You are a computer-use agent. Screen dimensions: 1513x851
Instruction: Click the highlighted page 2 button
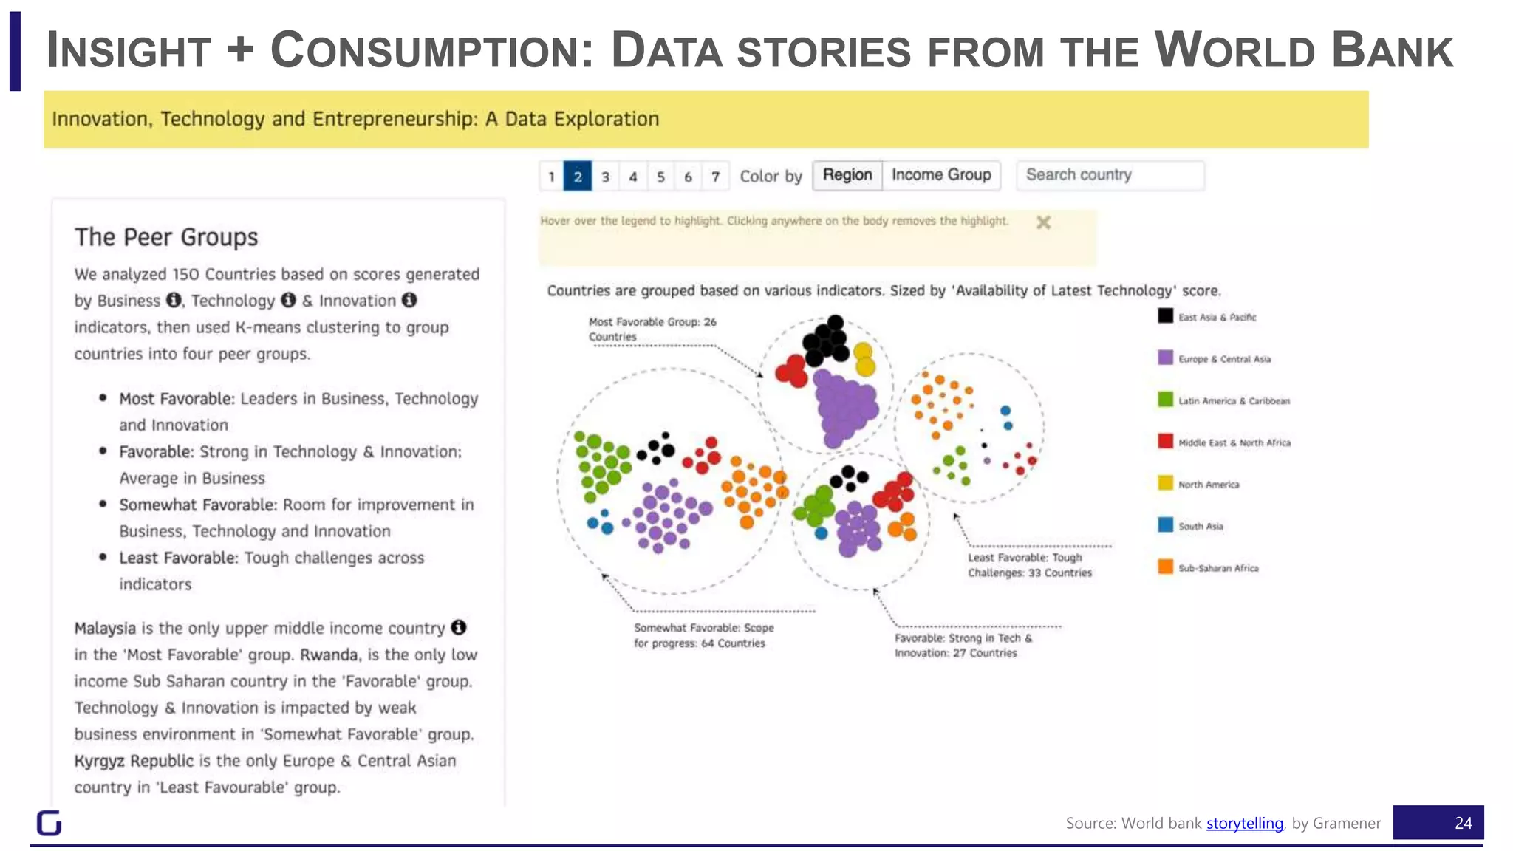[x=577, y=177]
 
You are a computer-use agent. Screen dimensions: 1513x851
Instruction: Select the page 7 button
[x=715, y=177]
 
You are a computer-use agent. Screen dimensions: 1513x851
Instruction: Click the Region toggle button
[x=847, y=175]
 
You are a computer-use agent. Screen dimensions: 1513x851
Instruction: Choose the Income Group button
[x=941, y=175]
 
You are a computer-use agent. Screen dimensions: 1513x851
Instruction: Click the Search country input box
[x=1110, y=175]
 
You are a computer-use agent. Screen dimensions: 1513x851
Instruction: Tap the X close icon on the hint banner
[x=1043, y=222]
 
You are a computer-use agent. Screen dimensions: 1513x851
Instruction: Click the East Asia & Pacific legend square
[x=1165, y=316]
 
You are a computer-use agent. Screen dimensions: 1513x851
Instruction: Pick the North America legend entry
[x=1208, y=485]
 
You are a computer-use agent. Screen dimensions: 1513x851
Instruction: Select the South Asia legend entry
[x=1200, y=526]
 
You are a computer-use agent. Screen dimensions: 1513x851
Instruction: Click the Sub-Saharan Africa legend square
[x=1165, y=567]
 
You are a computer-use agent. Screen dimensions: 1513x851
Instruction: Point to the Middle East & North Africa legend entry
[x=1233, y=442]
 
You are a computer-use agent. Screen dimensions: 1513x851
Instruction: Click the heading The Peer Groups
[x=166, y=237]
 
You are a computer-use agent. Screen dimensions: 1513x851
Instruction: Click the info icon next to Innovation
[x=409, y=300]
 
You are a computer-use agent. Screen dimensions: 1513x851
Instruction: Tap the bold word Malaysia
[x=105, y=628]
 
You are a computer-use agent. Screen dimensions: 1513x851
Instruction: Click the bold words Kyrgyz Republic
[x=134, y=761]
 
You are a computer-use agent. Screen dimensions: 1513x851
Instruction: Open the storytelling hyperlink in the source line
[x=1244, y=823]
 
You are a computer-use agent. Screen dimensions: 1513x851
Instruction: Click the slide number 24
[x=1462, y=823]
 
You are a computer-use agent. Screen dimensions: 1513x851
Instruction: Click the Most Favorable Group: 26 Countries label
[x=652, y=329]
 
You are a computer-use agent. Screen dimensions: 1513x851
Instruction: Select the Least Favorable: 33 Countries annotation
[x=1029, y=565]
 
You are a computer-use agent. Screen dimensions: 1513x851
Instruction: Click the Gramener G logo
[x=49, y=822]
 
